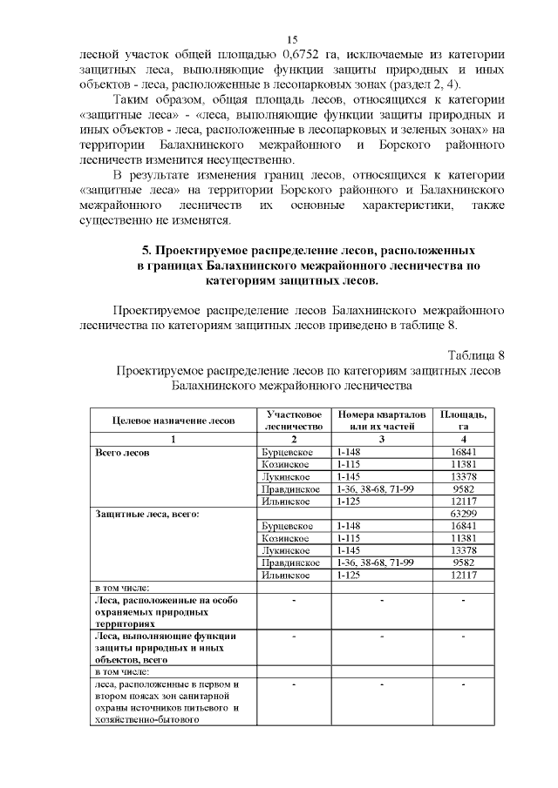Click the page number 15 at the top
292,39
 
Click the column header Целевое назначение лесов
174,421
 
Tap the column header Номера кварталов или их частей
382,421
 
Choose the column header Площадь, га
463,421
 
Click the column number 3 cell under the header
382,440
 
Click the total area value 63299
463,514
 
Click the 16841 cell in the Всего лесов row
463,453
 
